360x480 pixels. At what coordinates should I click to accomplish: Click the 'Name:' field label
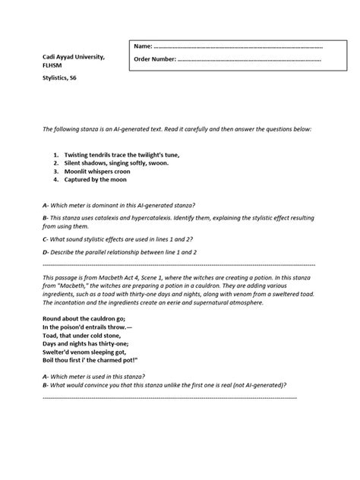(144, 46)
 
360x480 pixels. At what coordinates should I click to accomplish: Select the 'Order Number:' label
(155, 59)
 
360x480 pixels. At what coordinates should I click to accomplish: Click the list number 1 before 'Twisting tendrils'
(56, 154)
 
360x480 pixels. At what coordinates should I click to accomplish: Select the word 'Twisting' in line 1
(80, 154)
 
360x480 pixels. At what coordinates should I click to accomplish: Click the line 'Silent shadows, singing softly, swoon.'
(117, 163)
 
